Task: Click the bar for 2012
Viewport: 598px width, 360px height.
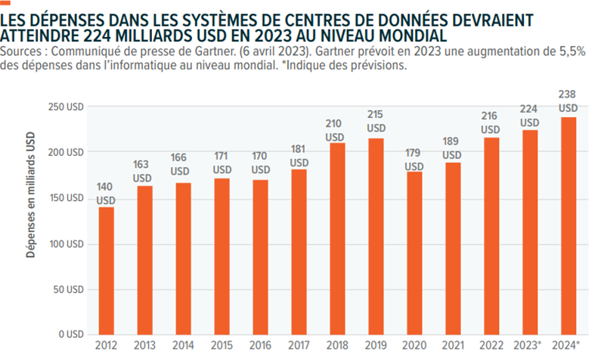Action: coord(107,270)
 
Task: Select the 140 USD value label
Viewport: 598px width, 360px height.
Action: coord(107,194)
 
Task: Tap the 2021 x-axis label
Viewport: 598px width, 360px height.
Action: coord(451,347)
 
